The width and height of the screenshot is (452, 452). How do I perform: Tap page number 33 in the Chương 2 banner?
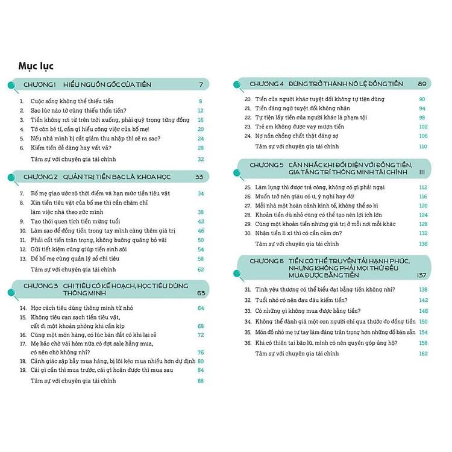[200, 177]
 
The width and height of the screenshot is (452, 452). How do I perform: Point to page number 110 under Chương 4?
[422, 146]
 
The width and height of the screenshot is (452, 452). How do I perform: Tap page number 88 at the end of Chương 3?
[201, 381]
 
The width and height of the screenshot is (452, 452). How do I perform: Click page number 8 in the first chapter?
[201, 101]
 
